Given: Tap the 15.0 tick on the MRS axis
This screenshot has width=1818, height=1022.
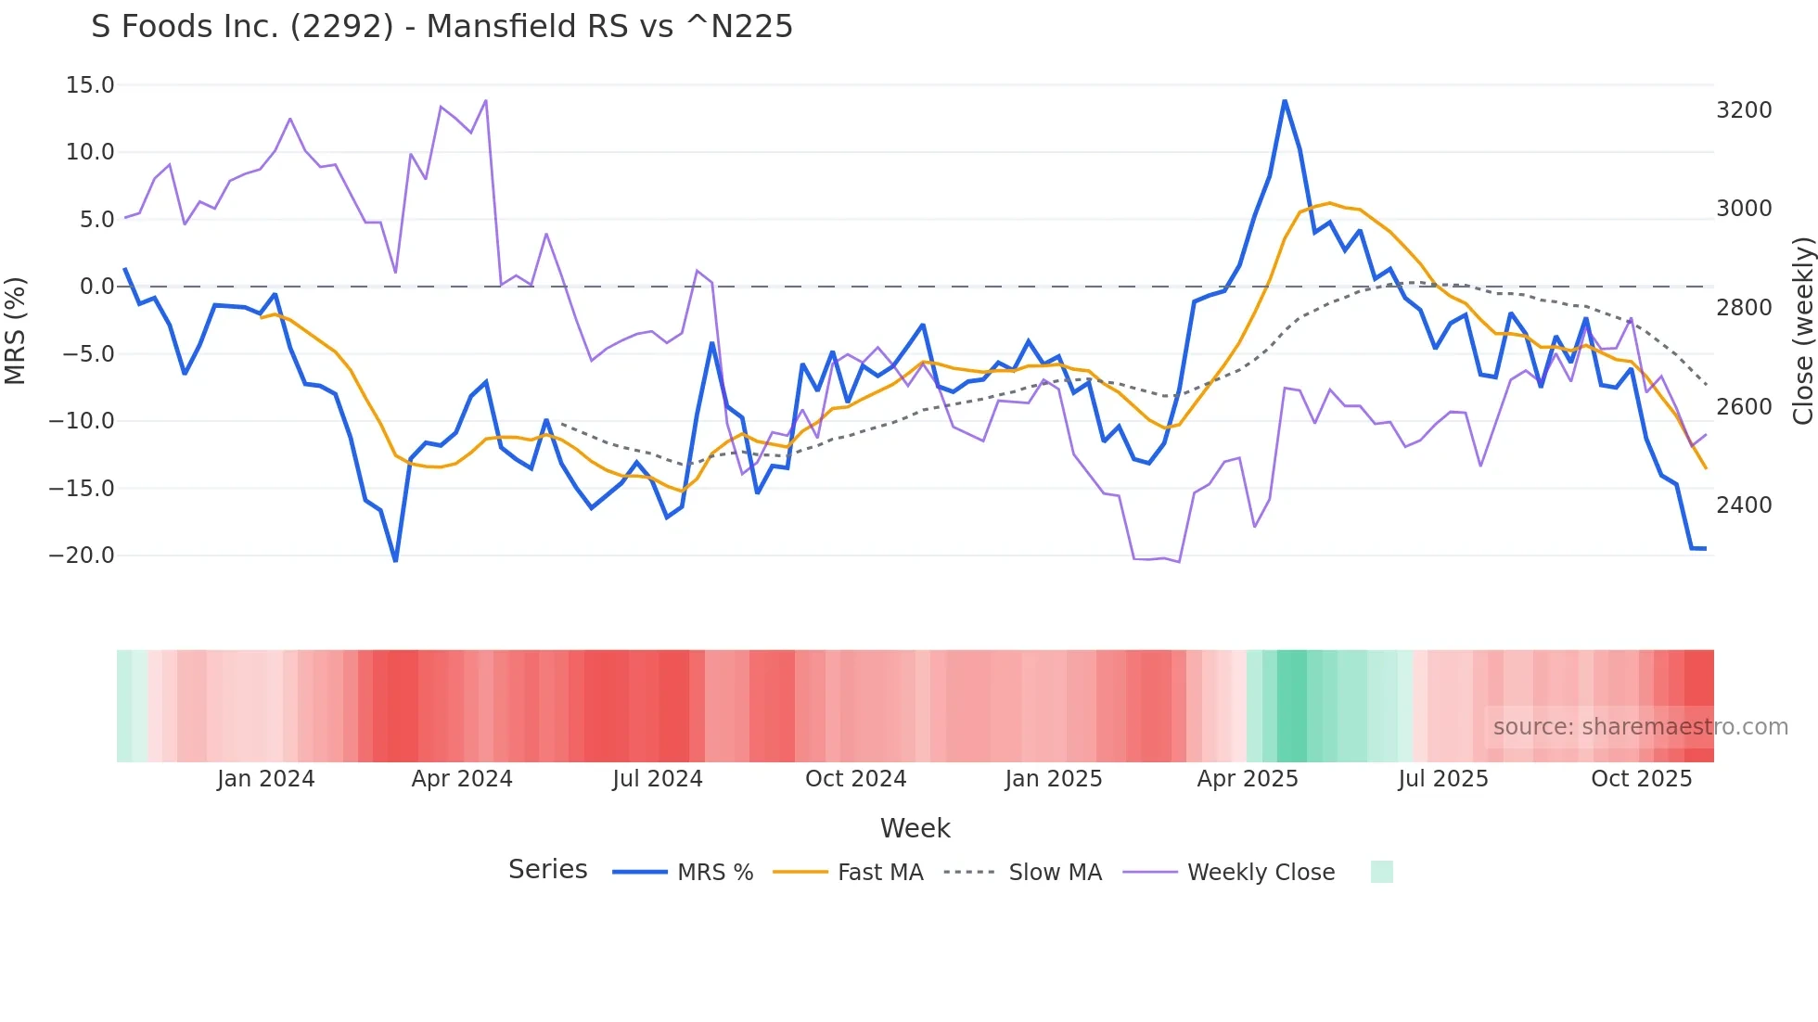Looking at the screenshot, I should tap(90, 85).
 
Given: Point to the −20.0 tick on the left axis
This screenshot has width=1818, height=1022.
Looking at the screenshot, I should tap(82, 556).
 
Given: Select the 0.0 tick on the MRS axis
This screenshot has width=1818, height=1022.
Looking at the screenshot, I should tap(96, 287).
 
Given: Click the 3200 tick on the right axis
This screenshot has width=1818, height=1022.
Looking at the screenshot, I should tap(1744, 110).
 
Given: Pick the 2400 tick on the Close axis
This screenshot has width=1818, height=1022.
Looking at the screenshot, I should tap(1744, 505).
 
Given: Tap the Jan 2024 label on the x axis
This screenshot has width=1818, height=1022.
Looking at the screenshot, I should tap(265, 779).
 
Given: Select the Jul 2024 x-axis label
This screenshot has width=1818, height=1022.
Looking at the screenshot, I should tap(657, 779).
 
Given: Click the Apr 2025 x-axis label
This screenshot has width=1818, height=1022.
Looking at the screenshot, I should tap(1248, 779).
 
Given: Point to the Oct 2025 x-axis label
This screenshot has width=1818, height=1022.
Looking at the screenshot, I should tap(1641, 779).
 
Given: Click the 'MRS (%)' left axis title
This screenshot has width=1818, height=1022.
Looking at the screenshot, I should tap(16, 330).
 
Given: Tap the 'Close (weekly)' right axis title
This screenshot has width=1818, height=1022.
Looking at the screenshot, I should tap(1802, 330).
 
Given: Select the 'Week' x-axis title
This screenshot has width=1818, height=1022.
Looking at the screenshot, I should tap(915, 828).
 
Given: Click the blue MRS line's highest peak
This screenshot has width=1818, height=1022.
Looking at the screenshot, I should tap(1285, 100).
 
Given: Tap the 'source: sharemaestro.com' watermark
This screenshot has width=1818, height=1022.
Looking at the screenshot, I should tap(1640, 727).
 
